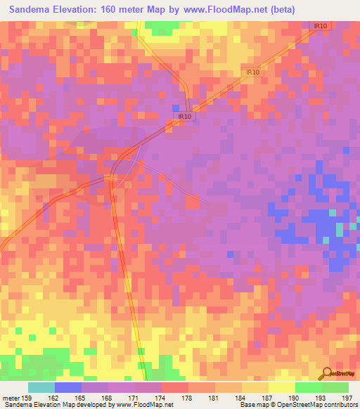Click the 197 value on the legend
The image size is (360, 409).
[345, 398]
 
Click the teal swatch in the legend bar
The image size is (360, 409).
[41, 387]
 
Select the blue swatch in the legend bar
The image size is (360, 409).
[68, 387]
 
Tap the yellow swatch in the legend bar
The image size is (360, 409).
[282, 387]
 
